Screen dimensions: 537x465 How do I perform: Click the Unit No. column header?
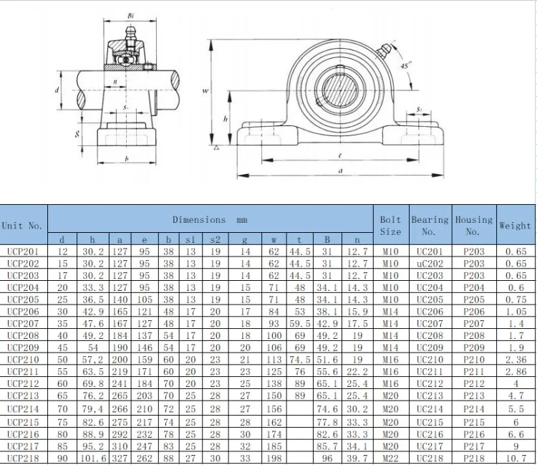point(22,226)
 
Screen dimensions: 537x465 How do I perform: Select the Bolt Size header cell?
point(390,226)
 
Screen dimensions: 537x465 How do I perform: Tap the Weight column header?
point(515,226)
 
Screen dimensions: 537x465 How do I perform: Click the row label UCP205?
point(23,299)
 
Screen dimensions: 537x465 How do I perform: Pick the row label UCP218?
point(23,458)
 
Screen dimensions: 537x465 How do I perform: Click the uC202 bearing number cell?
point(430,264)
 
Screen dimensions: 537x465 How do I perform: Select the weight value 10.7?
point(516,458)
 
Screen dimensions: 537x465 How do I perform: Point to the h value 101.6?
point(94,458)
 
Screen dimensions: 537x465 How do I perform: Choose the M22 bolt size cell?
point(390,458)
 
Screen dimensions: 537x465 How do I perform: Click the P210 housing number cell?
point(474,360)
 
